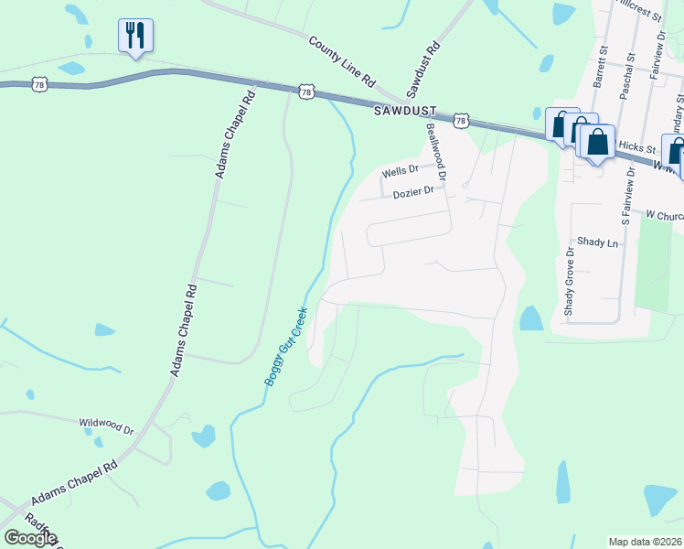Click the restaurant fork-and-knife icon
pos(135,36)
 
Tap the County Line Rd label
pos(343,62)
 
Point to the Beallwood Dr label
pos(435,152)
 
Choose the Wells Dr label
pos(400,170)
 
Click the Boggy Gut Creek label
pos(286,346)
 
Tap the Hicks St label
pos(637,147)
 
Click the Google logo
pos(30,538)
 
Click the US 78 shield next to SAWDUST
pos(460,121)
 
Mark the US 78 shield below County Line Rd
pos(306,91)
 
